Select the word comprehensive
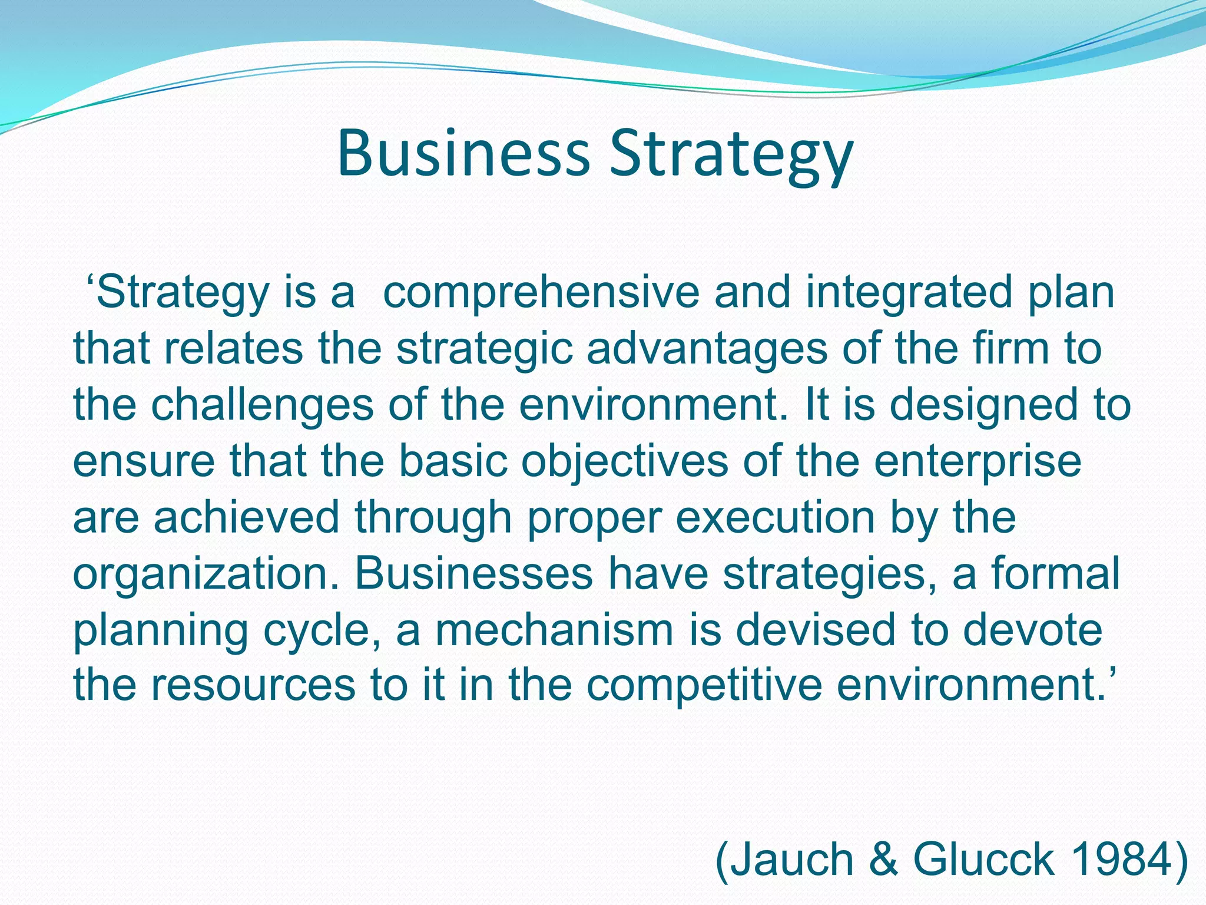(541, 293)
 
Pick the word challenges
(263, 405)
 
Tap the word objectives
(624, 461)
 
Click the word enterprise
(978, 461)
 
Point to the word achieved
(247, 517)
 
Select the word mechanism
(554, 629)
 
